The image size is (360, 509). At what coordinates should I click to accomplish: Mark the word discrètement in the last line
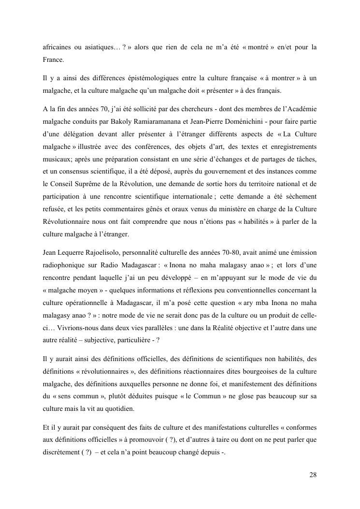pyautogui.click(x=62, y=455)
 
